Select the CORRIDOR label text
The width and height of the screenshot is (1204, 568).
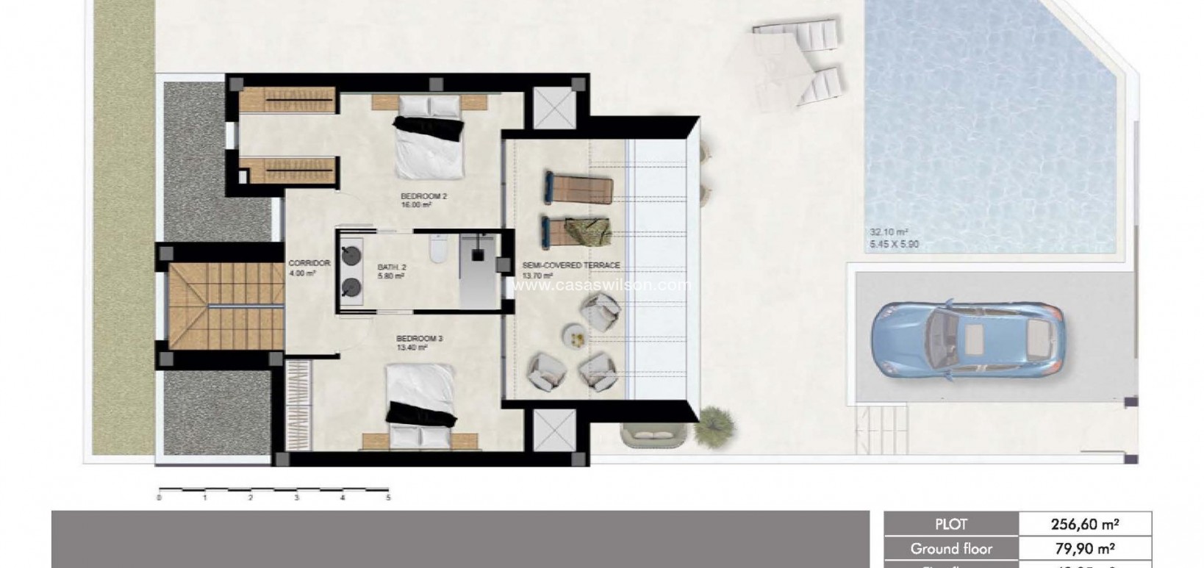tap(309, 263)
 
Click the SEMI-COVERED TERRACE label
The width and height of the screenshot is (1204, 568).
tap(570, 265)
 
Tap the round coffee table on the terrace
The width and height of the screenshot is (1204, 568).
tap(575, 336)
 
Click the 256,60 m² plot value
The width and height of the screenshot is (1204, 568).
tap(1083, 524)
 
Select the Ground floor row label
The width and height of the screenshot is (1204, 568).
tap(950, 548)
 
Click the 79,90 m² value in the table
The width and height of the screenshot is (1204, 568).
tap(1083, 548)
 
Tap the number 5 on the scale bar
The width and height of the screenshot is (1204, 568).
tap(388, 498)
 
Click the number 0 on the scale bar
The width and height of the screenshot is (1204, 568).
tap(159, 498)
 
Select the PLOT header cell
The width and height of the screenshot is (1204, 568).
tap(950, 524)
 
